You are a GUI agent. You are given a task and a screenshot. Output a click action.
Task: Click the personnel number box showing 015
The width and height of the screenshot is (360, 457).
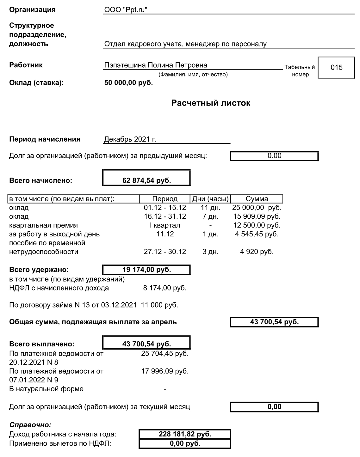point(336,67)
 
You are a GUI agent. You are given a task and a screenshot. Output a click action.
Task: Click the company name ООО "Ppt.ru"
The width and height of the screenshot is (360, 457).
point(126,10)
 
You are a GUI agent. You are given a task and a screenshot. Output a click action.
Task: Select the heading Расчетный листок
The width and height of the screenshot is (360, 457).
point(211,103)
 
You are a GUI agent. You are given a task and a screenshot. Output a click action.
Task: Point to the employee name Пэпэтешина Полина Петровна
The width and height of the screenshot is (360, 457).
point(156,65)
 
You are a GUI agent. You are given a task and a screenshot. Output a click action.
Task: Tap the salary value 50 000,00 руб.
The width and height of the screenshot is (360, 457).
point(128,83)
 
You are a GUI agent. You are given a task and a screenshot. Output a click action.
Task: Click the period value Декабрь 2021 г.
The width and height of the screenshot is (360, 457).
point(130,139)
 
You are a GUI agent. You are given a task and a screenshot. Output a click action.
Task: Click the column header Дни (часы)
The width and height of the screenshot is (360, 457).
point(210,199)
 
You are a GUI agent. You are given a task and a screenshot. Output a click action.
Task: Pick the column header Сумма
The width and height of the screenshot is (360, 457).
point(257,199)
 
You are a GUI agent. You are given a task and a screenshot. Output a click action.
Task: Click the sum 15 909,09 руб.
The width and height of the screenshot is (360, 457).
point(257,216)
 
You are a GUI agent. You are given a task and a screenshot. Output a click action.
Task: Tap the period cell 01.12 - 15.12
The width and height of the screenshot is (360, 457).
point(165,208)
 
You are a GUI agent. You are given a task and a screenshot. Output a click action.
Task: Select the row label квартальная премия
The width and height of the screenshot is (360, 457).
point(43,225)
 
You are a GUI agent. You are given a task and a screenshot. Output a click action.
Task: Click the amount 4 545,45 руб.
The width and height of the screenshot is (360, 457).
point(257,234)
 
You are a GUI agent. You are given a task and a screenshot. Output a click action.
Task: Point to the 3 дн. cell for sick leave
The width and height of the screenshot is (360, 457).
point(210,252)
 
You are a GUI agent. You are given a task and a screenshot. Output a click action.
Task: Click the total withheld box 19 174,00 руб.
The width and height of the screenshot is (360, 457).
point(146,270)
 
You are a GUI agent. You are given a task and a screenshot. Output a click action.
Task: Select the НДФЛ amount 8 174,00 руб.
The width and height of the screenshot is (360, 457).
point(165,288)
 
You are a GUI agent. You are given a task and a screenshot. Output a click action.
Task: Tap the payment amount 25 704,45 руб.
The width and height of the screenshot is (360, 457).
point(165,353)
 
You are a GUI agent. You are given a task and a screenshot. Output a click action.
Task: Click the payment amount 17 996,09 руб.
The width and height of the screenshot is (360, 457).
point(165,371)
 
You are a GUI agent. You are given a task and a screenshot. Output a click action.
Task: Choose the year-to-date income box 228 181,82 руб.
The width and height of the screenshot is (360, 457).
point(185,434)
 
